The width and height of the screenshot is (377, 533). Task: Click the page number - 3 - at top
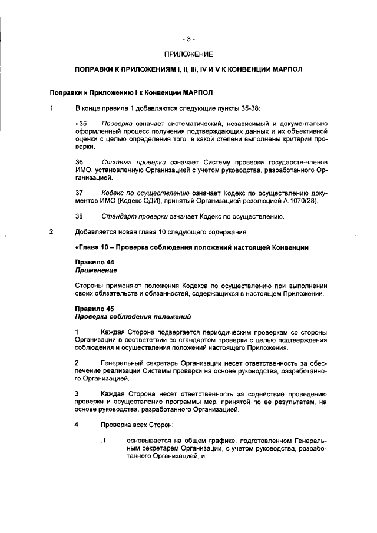[188, 39]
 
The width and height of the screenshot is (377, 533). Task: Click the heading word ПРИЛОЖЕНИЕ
[188, 54]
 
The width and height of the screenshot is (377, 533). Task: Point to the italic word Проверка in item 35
[115, 123]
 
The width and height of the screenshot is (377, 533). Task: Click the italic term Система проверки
[129, 161]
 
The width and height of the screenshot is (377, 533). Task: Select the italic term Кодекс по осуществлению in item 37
[145, 193]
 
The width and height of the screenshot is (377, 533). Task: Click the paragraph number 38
[80, 216]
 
